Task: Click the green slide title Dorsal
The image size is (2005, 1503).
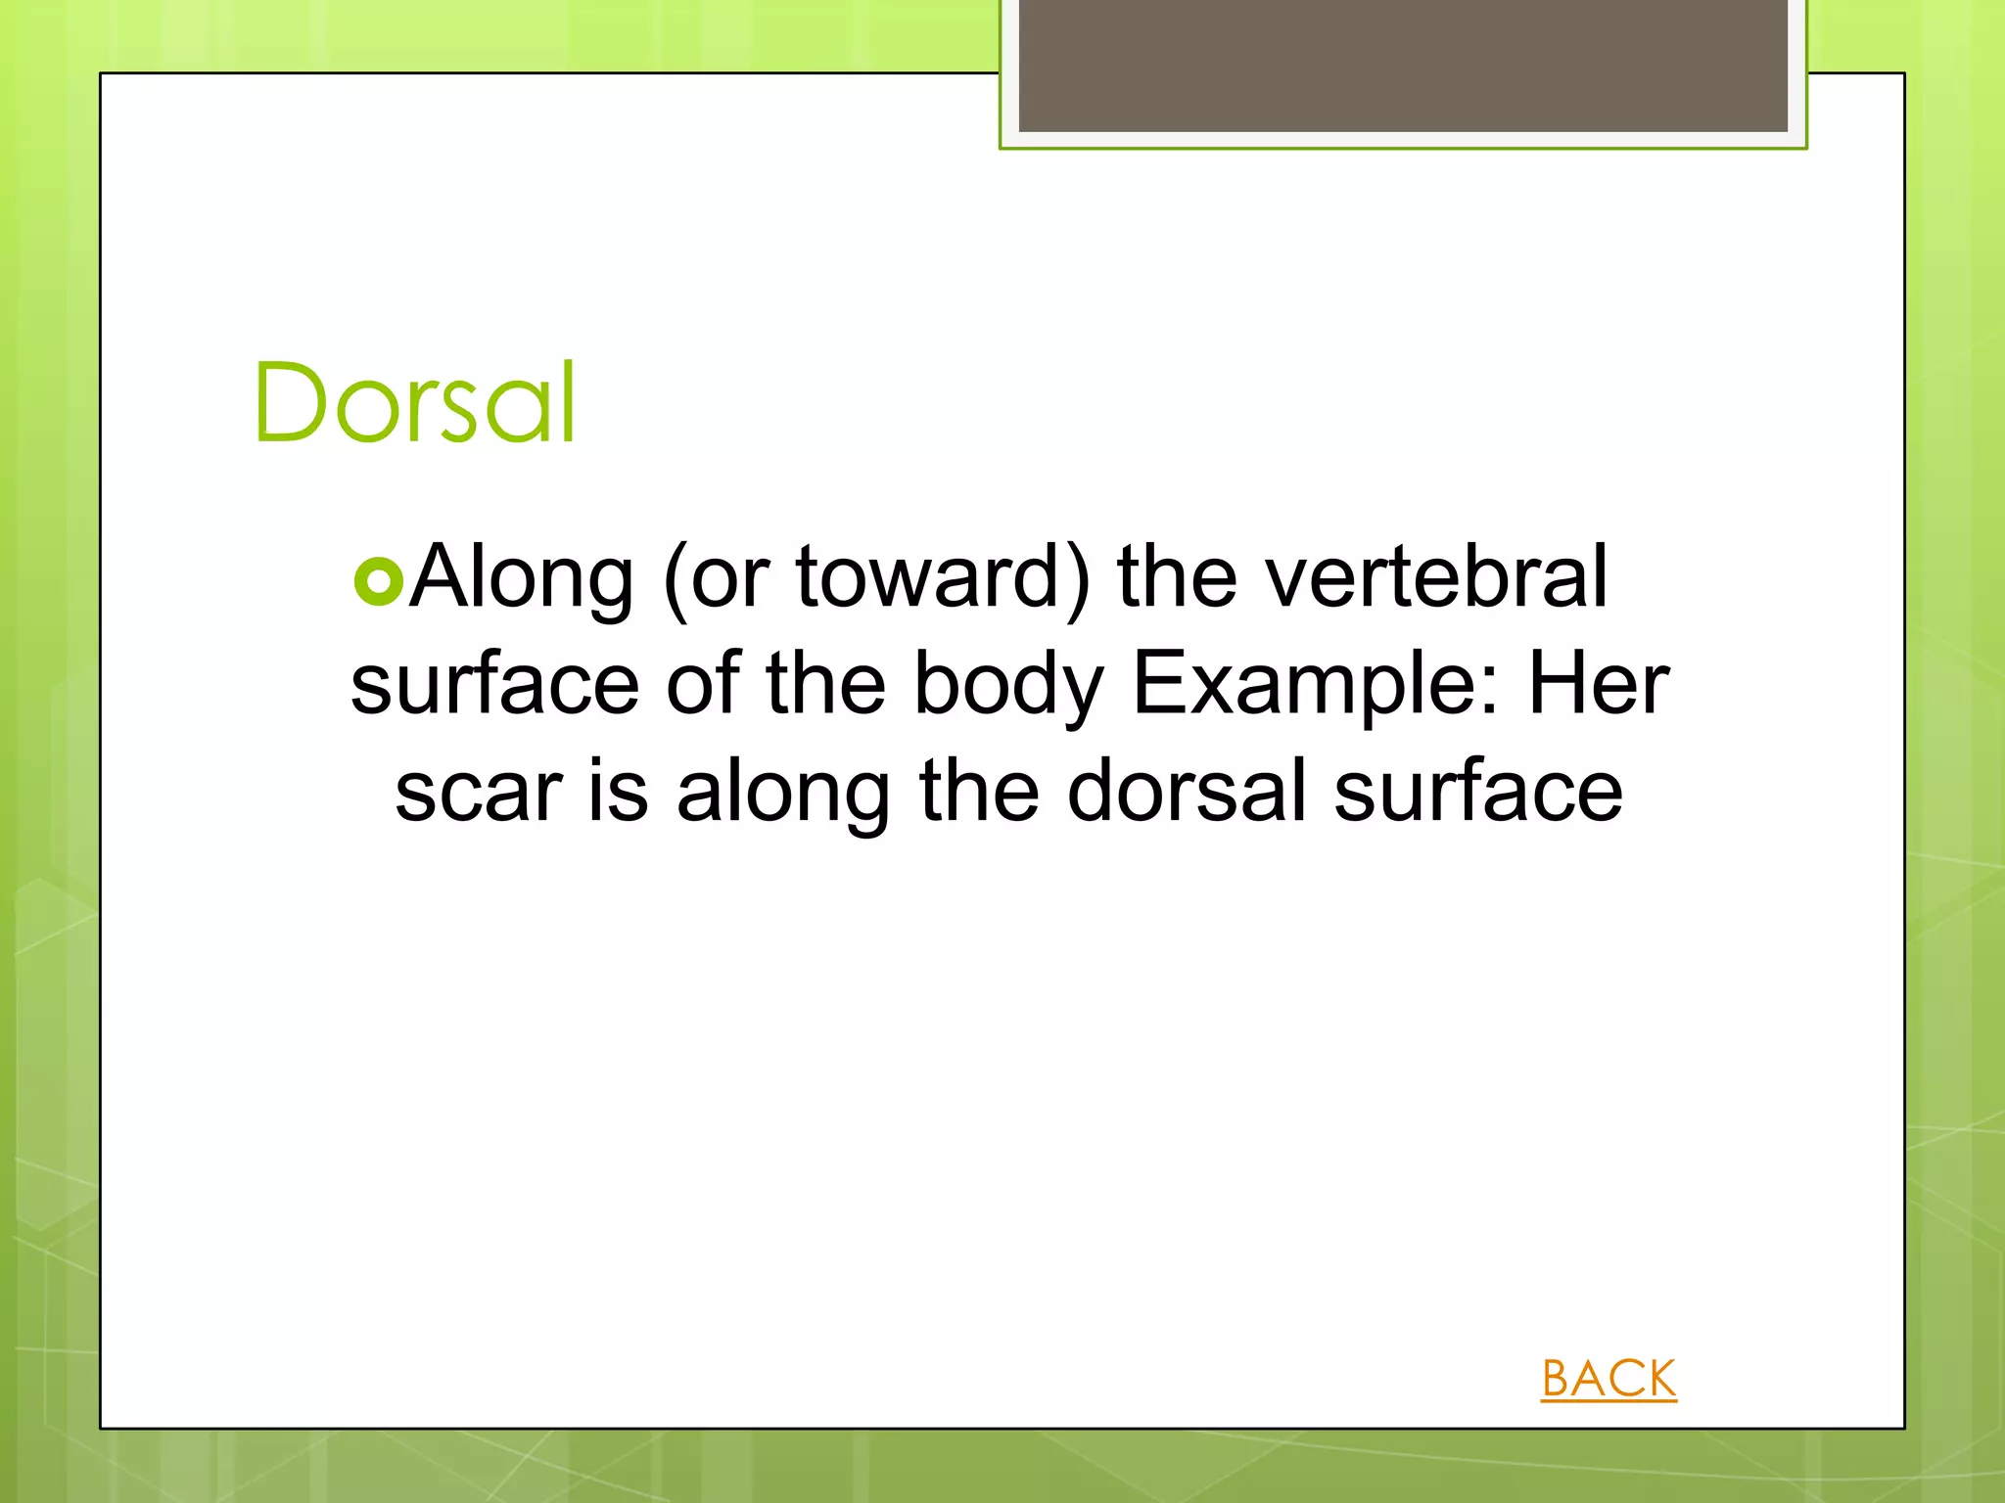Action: (x=415, y=403)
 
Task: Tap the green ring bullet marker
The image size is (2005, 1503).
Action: (x=379, y=581)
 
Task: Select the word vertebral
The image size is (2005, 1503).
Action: (x=1436, y=577)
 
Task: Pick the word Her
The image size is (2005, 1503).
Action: (x=1599, y=685)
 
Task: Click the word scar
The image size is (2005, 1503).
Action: (x=479, y=792)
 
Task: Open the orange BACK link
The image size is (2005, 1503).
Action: (x=1609, y=1379)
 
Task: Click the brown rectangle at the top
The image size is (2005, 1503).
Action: (x=1403, y=66)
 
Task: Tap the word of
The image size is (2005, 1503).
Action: (x=703, y=685)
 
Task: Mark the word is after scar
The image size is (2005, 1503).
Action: (x=618, y=792)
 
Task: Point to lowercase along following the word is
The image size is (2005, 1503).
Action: (x=783, y=794)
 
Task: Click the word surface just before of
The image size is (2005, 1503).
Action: (x=495, y=685)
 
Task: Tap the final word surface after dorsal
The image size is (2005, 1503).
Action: (x=1478, y=792)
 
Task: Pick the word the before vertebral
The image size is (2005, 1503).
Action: (x=1178, y=577)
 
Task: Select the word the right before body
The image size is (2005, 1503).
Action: (x=825, y=685)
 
